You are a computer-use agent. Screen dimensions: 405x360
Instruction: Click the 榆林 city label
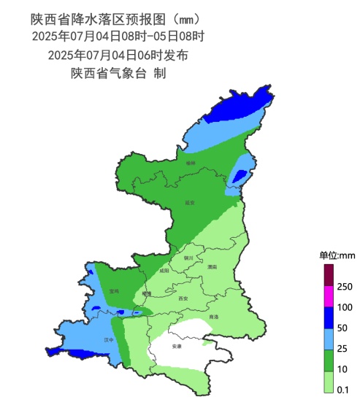point(191,164)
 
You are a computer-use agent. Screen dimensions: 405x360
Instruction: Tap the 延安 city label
point(191,202)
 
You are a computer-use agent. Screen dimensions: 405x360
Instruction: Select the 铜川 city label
point(188,258)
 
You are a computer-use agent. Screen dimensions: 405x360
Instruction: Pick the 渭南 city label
point(211,268)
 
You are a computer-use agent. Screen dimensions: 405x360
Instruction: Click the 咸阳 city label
point(164,271)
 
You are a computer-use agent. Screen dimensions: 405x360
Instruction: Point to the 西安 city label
point(183,298)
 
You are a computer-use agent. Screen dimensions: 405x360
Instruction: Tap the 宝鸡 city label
point(113,291)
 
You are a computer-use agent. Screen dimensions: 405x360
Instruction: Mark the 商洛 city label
point(213,317)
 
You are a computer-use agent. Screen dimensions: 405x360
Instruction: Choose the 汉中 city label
point(109,339)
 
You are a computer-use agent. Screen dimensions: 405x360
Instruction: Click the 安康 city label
point(176,346)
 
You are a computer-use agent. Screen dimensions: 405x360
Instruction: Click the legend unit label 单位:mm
point(337,255)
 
